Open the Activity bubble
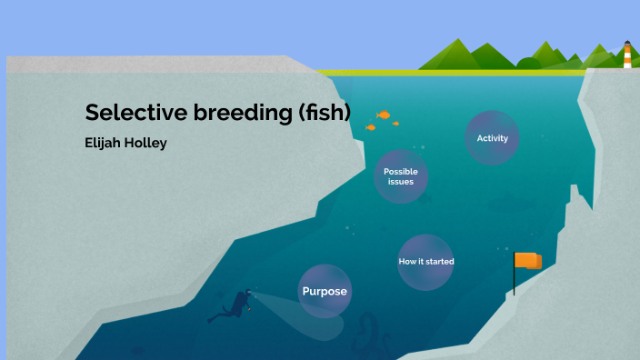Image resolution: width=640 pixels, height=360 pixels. tap(492, 138)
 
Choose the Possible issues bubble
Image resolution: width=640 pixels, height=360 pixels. tap(401, 176)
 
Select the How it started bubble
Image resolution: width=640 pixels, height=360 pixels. tap(425, 262)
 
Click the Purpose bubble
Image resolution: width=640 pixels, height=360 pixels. tap(325, 291)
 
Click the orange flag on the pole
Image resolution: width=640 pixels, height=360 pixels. tap(528, 261)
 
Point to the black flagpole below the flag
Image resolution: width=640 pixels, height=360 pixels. tap(515, 282)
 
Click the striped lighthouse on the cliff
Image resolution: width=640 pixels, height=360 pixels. tap(626, 56)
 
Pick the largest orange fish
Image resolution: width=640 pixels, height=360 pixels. tap(384, 115)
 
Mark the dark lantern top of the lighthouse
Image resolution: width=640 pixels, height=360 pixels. tap(626, 42)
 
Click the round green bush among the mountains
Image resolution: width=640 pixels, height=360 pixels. tap(528, 63)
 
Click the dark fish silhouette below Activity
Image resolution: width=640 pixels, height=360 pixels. tap(505, 205)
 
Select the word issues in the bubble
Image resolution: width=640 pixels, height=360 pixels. tap(401, 182)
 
